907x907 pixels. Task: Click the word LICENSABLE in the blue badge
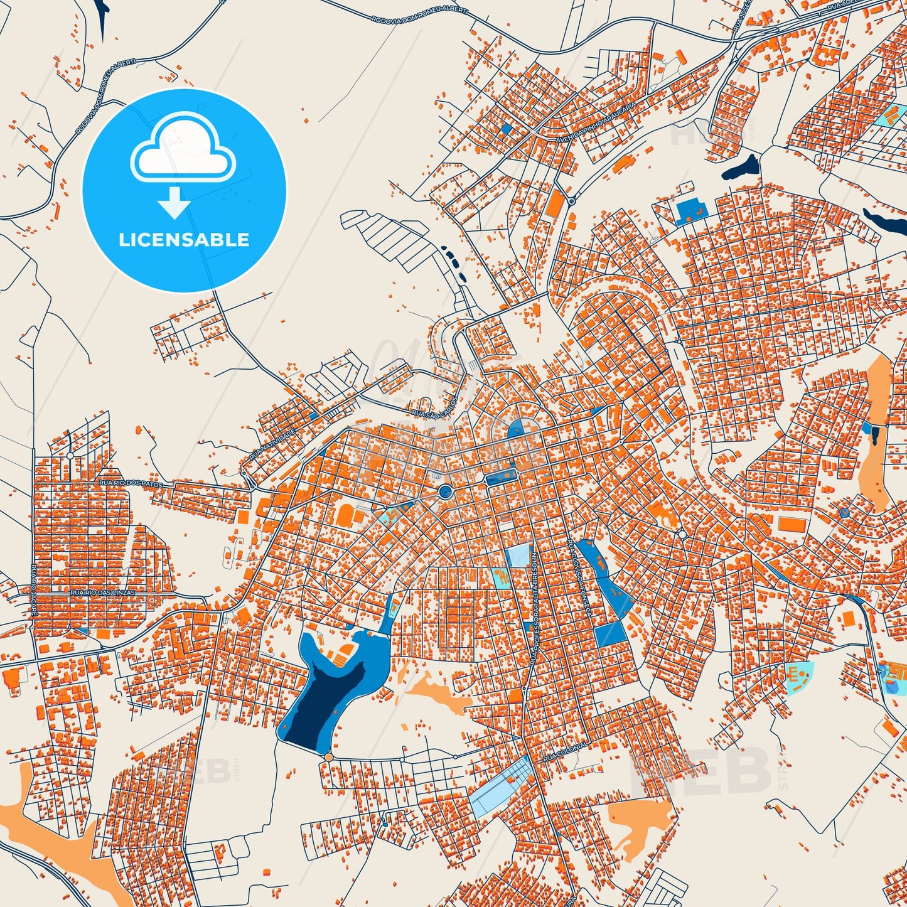184,239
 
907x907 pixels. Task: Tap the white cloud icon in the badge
183,150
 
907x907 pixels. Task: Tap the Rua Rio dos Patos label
131,483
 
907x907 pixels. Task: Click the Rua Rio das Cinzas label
102,592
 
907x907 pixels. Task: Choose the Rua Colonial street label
566,751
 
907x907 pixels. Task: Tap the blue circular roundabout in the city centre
445,491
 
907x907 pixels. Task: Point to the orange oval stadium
345,516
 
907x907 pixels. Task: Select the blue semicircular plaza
517,429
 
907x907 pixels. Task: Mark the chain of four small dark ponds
455,262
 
